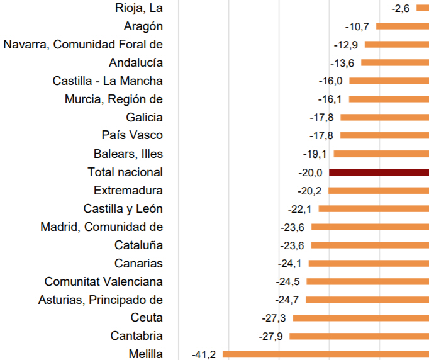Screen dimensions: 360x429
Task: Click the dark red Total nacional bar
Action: point(379,172)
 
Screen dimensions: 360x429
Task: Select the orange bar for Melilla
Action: point(325,354)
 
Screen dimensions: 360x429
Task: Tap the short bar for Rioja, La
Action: point(422,8)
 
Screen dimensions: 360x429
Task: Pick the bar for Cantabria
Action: point(359,336)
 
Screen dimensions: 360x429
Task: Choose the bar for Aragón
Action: point(403,26)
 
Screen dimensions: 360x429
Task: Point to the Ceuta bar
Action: point(360,318)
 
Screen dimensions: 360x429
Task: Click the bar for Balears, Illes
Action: point(381,154)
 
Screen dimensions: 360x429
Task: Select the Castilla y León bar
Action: point(374,208)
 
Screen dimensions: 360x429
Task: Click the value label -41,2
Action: point(204,354)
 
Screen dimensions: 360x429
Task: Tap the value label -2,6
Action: point(401,8)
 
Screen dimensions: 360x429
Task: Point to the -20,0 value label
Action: point(311,172)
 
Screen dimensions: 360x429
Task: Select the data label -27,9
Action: point(272,336)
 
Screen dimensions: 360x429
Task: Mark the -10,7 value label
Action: point(357,26)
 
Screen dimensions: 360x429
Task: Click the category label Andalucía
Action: point(136,63)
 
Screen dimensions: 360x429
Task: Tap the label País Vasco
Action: point(132,135)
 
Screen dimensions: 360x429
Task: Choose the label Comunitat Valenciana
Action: point(104,281)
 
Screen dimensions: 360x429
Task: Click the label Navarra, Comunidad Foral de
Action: point(83,45)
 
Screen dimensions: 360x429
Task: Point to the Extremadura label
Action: point(128,190)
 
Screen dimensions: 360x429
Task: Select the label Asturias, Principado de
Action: point(101,300)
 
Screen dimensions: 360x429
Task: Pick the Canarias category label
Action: point(138,263)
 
